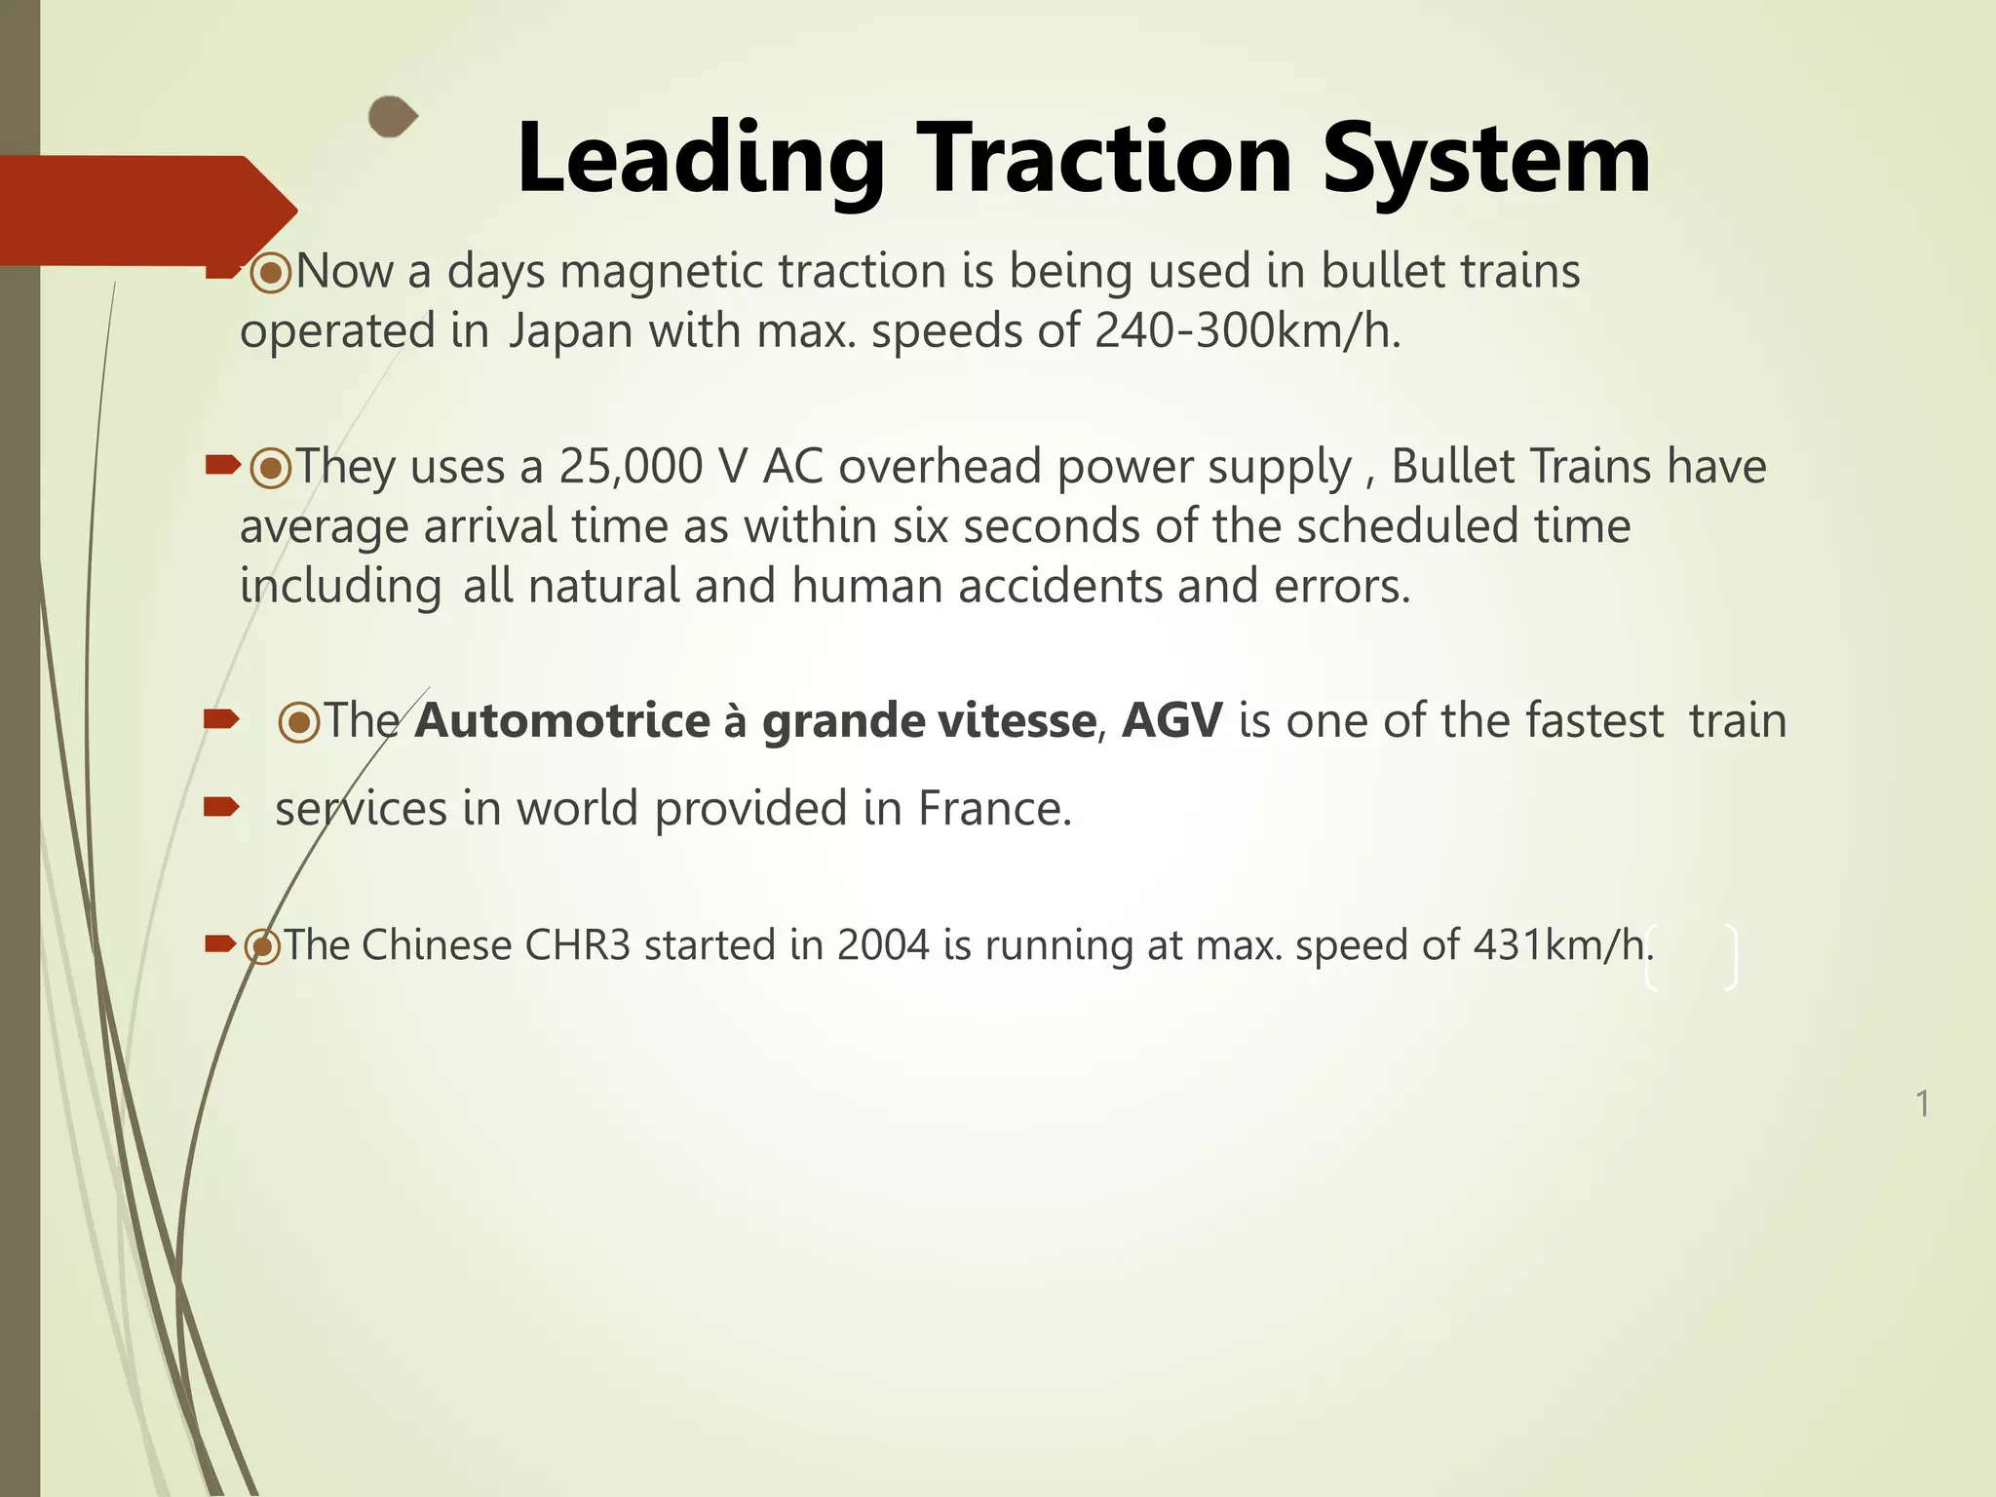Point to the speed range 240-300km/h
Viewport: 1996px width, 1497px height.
click(x=1247, y=331)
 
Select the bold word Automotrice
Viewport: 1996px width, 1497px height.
click(x=562, y=722)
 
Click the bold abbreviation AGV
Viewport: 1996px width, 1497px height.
click(x=1171, y=722)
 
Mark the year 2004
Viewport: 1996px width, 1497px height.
click(x=883, y=946)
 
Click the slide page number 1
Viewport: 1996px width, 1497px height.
click(x=1922, y=1104)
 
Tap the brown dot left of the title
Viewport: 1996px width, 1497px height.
click(x=392, y=118)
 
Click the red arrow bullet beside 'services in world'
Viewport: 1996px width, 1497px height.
click(x=221, y=806)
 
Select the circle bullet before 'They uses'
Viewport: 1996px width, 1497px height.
click(x=271, y=469)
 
